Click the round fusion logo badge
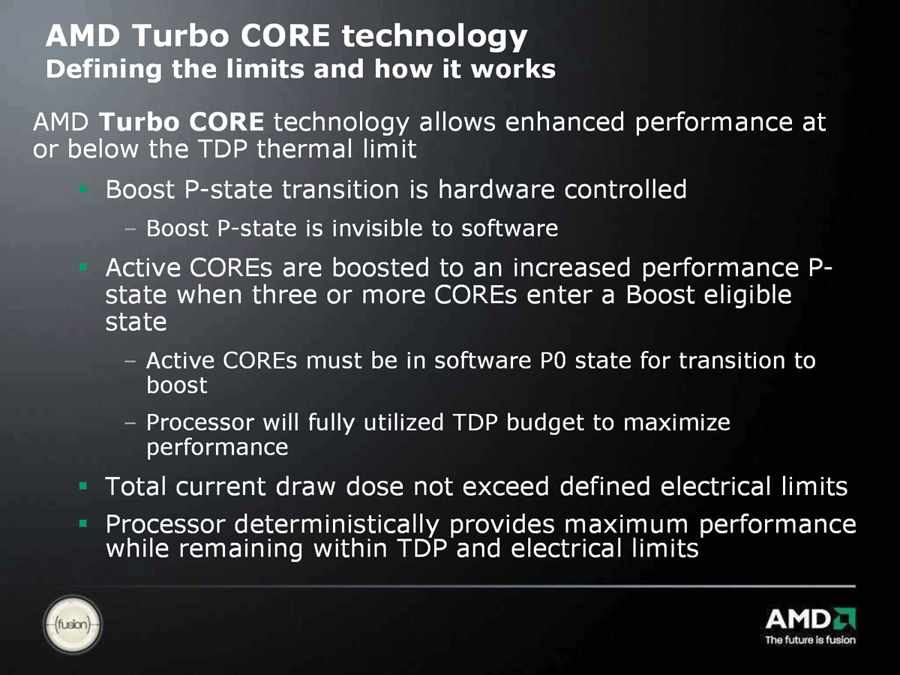tap(73, 624)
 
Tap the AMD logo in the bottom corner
tap(810, 619)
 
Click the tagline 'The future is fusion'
tap(810, 640)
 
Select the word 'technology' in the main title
tap(434, 37)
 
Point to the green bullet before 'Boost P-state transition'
tap(83, 189)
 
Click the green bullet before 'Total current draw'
tap(83, 486)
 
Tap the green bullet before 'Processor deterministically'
tap(83, 523)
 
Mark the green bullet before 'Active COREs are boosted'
tap(83, 267)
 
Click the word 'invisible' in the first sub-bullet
tap(377, 228)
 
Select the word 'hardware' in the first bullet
tap(496, 189)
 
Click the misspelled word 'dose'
tap(375, 487)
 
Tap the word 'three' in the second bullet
tap(284, 295)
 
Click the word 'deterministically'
tap(337, 525)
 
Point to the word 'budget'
tap(545, 423)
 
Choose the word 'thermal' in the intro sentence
tap(305, 148)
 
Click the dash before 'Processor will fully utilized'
tap(130, 422)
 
